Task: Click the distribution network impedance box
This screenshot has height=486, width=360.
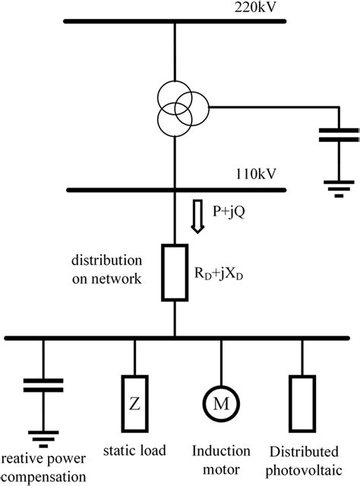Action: coord(175,273)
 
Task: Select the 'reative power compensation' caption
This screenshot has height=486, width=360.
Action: coord(43,467)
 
